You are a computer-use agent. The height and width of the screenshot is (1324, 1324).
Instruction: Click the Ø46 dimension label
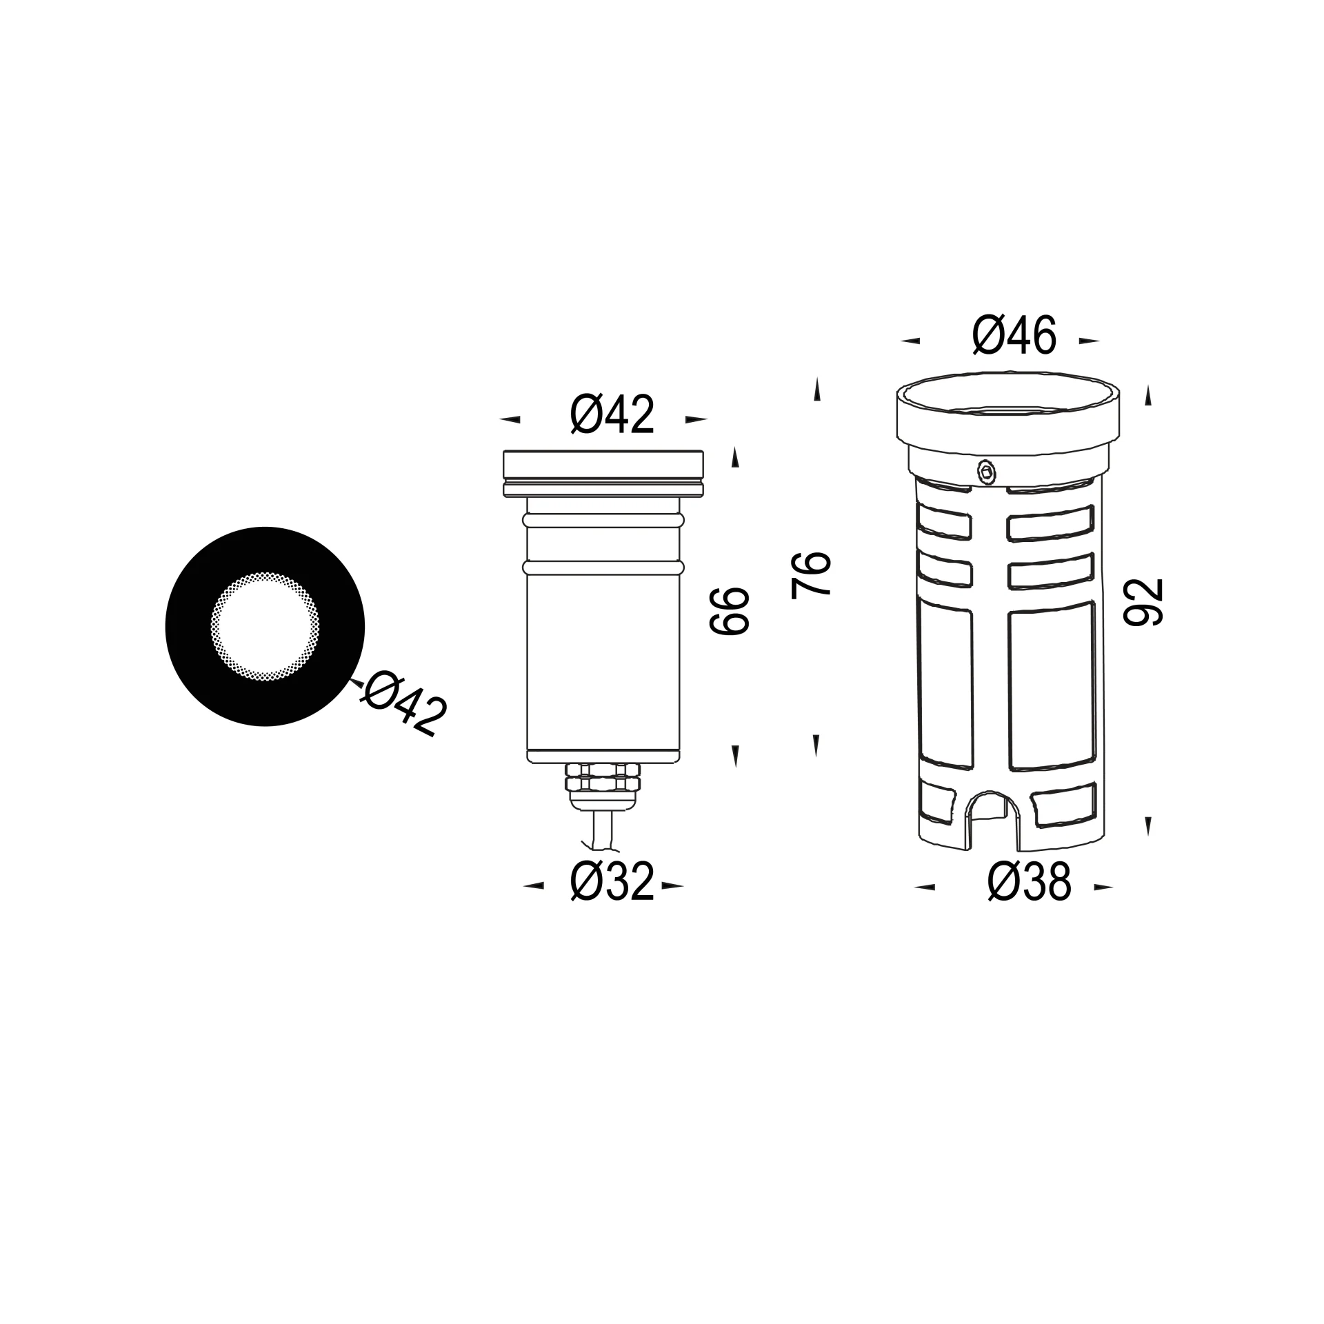[1014, 336]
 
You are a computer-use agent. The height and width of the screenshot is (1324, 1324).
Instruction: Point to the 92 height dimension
[1143, 602]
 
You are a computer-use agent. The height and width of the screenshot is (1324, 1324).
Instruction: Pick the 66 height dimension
[728, 611]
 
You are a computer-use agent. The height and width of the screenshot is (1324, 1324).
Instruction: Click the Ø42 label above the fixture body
[612, 415]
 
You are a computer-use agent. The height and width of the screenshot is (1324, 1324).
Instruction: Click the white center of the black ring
[265, 628]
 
